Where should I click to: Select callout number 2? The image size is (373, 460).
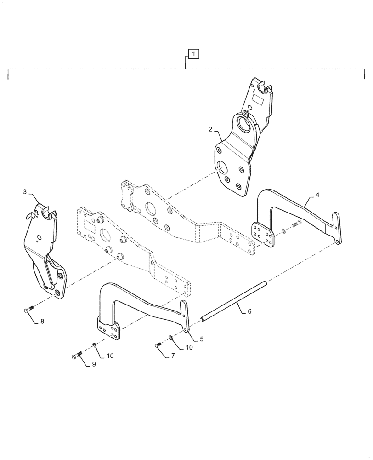coord(210,130)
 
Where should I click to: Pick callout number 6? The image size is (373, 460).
coord(249,311)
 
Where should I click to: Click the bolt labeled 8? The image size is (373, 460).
coord(28,310)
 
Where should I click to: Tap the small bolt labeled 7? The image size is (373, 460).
coord(159,344)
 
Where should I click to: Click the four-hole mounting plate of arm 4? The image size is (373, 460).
coord(263,235)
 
